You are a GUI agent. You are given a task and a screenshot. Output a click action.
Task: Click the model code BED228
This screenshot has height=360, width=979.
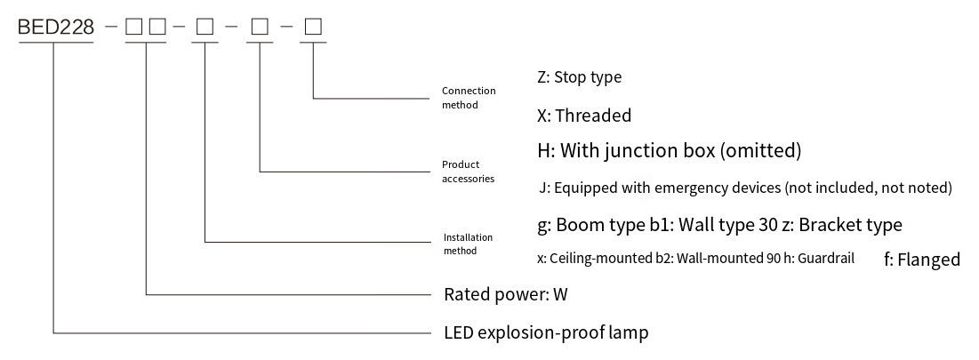pos(55,27)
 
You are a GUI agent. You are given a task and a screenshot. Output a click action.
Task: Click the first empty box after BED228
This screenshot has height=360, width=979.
pos(133,27)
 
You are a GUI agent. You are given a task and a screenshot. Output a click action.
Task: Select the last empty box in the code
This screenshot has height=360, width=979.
pos(313,27)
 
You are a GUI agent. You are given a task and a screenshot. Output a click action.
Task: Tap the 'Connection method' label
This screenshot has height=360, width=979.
pos(469,98)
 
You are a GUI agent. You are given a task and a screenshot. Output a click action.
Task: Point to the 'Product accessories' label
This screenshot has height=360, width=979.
pos(469,172)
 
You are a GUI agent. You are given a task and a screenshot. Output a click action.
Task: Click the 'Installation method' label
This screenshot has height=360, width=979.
pos(469,244)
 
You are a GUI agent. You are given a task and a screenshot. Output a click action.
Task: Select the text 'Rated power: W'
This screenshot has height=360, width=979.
pos(506,294)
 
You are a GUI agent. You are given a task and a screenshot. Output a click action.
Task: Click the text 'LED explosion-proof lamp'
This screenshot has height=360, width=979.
pos(546,332)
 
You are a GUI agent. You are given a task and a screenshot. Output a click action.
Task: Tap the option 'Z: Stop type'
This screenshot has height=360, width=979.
pos(580,77)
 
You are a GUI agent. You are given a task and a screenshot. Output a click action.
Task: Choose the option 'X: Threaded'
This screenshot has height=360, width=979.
pos(584,116)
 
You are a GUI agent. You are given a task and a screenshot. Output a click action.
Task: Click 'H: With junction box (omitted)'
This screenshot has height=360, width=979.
pos(670,150)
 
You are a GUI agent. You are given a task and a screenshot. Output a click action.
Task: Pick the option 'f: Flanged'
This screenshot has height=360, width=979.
pos(922,260)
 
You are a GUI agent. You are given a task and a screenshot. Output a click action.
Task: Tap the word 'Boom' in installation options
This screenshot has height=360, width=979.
pos(578,225)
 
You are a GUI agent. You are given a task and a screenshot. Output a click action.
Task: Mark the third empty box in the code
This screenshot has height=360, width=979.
pos(205,27)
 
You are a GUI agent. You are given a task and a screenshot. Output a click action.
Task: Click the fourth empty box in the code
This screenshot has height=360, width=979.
pos(260,27)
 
